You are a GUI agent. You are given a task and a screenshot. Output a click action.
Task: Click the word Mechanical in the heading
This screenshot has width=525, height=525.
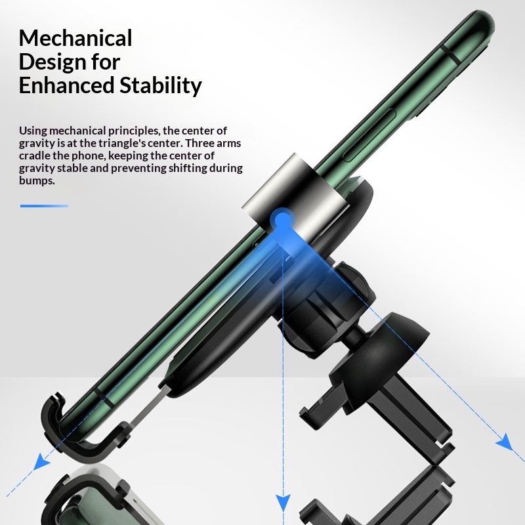click(75, 38)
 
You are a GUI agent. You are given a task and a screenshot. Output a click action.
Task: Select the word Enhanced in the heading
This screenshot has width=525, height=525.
click(66, 85)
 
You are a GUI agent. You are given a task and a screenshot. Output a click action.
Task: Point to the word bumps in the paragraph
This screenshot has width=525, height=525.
click(37, 181)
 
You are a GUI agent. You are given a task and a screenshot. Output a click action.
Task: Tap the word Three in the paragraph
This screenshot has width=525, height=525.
click(200, 143)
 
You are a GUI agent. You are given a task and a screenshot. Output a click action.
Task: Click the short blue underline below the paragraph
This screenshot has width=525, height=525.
click(44, 206)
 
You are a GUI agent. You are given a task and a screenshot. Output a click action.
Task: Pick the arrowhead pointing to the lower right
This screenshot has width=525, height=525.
click(504, 442)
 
